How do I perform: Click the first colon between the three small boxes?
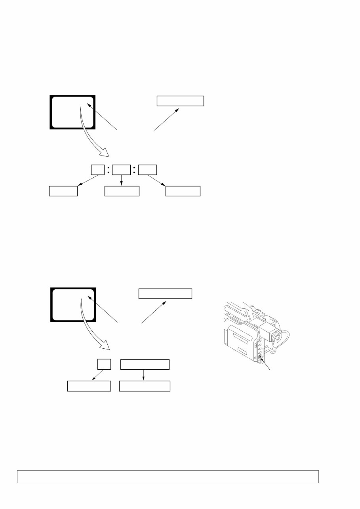tap(108, 170)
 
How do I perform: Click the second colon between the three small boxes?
tap(135, 170)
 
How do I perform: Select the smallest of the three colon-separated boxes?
tap(97, 170)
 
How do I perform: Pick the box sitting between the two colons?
tap(121, 170)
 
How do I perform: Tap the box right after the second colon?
tap(147, 170)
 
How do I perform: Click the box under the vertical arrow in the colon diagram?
tap(122, 191)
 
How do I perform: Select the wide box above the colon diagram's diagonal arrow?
tap(180, 101)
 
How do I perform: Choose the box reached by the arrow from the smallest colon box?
tap(63, 191)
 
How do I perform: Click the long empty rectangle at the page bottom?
tap(168, 477)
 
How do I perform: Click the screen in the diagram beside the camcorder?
tap(73, 305)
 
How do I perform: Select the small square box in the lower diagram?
tap(104, 364)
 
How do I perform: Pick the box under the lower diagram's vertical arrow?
tap(145, 386)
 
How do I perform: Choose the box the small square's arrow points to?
tap(89, 386)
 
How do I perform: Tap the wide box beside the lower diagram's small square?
tap(145, 364)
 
